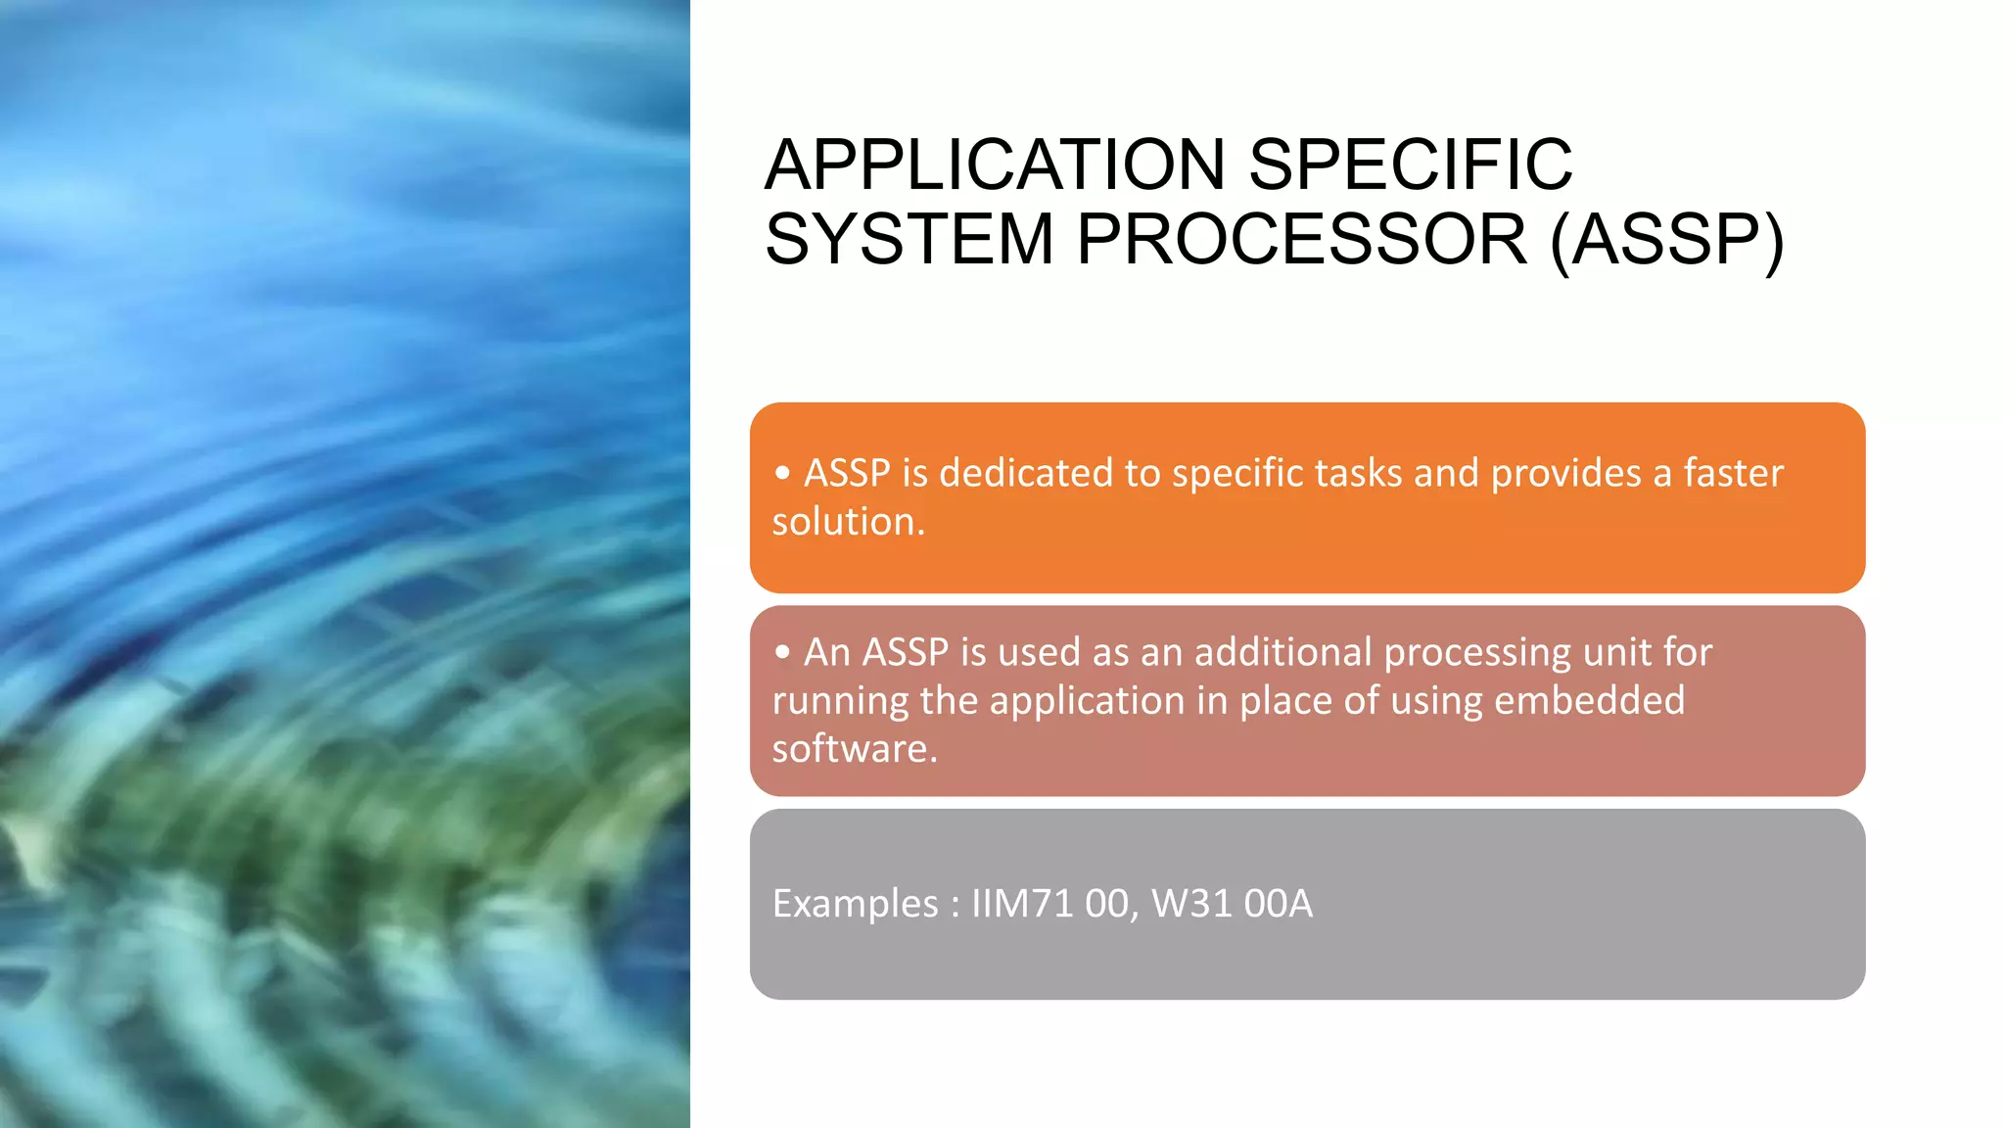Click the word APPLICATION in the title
995,164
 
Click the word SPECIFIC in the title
1411,164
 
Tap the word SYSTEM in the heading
909,240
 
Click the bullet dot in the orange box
781,473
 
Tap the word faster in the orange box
1733,473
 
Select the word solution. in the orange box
848,522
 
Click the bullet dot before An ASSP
781,652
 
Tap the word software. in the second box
855,749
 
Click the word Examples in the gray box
855,904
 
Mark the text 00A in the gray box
1278,904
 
